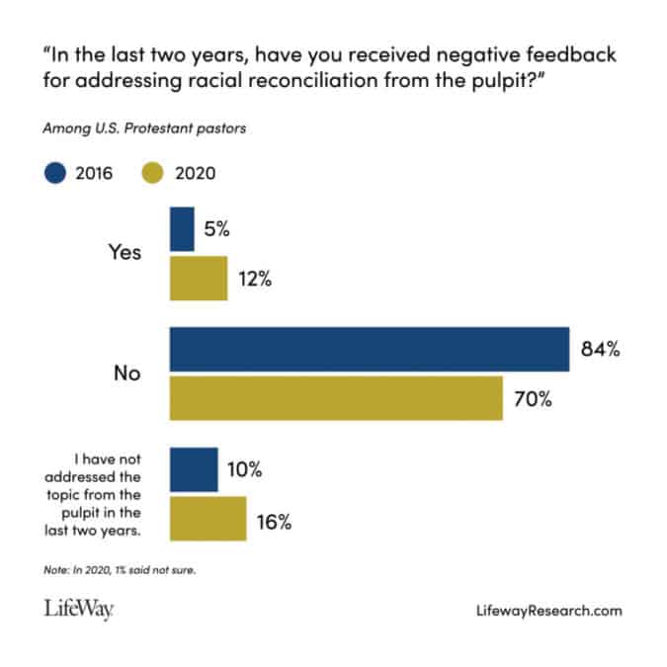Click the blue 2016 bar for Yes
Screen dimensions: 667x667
pyautogui.click(x=182, y=229)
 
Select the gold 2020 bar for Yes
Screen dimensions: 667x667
pyautogui.click(x=199, y=278)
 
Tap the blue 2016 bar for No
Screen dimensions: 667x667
pyautogui.click(x=370, y=349)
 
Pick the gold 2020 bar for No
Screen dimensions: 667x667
pyautogui.click(x=336, y=398)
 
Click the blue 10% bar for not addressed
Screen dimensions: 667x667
pyautogui.click(x=194, y=470)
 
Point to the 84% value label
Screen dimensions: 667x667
pyautogui.click(x=600, y=349)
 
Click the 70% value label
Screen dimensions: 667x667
pyautogui.click(x=533, y=399)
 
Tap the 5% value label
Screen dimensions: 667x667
pyautogui.click(x=217, y=229)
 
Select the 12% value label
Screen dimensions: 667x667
pyautogui.click(x=255, y=279)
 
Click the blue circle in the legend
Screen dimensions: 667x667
pyautogui.click(x=55, y=174)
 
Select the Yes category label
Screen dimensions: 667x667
pyautogui.click(x=124, y=252)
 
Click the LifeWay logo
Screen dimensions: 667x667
pyautogui.click(x=78, y=611)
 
